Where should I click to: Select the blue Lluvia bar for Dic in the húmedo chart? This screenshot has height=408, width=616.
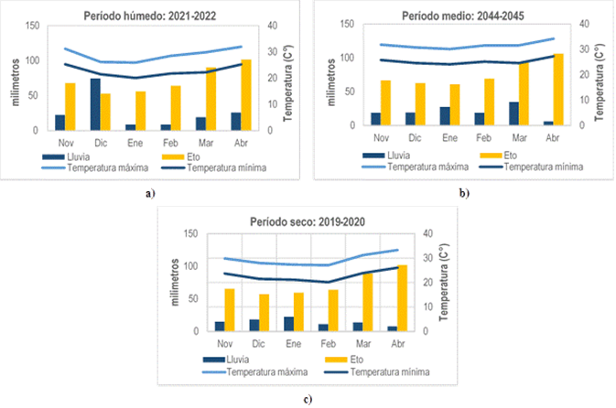(x=95, y=104)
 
